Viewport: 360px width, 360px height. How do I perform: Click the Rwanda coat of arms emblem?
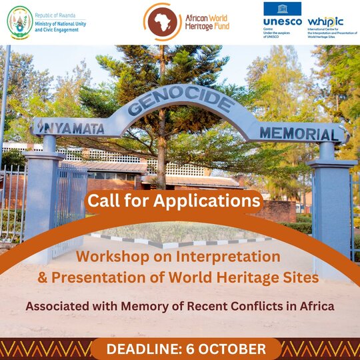click(x=20, y=23)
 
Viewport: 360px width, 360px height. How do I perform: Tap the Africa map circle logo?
click(x=163, y=22)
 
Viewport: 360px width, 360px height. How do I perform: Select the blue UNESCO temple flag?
click(x=283, y=9)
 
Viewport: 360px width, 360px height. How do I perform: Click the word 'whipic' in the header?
click(x=325, y=22)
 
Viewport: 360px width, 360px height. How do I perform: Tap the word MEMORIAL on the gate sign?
click(x=299, y=133)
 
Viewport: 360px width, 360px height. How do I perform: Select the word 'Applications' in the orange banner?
click(x=207, y=201)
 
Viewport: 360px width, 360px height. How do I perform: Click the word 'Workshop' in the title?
click(x=113, y=257)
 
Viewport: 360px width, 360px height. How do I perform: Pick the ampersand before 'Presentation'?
click(x=42, y=277)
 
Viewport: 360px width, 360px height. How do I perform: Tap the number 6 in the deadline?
click(x=189, y=349)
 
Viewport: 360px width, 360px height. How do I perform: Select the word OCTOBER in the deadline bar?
click(x=232, y=349)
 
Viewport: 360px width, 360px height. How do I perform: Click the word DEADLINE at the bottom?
click(x=145, y=349)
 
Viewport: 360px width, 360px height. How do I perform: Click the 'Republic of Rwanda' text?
click(x=55, y=15)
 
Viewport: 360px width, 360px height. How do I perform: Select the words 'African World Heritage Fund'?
click(x=207, y=22)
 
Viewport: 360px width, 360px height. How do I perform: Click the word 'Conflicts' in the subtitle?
click(x=257, y=306)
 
